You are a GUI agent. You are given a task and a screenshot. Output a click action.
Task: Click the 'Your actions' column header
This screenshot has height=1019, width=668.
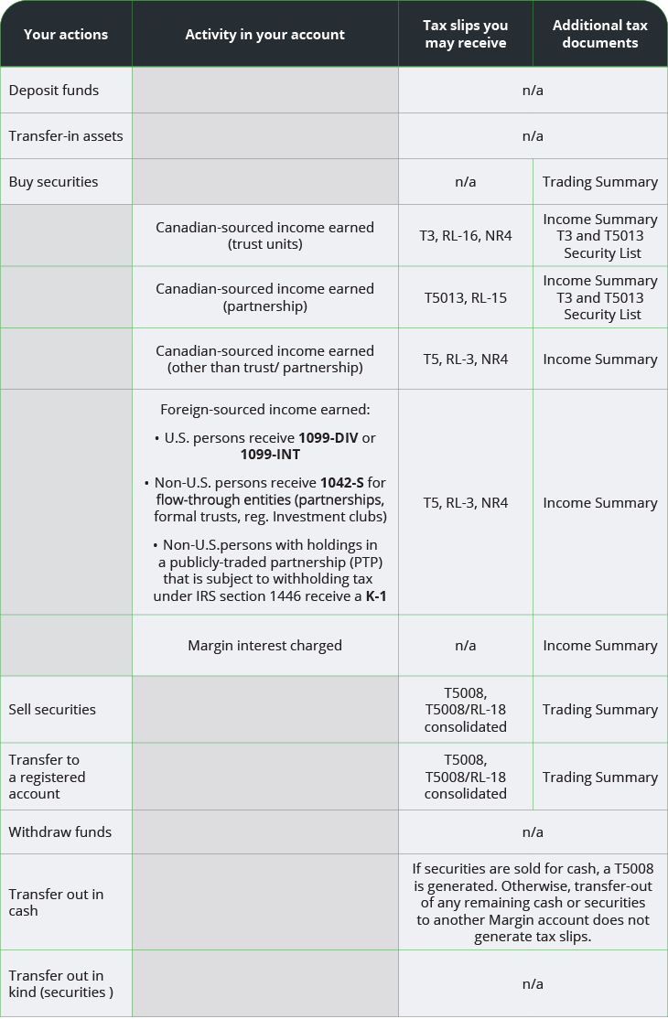[x=66, y=35]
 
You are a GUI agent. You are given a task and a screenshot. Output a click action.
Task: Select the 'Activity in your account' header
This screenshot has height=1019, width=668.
[x=264, y=35]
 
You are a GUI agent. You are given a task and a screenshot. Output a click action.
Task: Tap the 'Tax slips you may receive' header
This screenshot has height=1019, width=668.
[x=465, y=34]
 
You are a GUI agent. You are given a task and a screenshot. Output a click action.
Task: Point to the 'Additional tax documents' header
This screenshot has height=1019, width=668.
[x=599, y=34]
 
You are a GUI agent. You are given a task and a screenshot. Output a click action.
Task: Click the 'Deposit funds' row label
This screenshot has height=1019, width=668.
[x=54, y=91]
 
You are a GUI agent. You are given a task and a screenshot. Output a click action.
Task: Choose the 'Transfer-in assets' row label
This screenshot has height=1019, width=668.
[x=66, y=136]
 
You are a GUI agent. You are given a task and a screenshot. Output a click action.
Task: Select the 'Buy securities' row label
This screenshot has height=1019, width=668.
[x=53, y=182]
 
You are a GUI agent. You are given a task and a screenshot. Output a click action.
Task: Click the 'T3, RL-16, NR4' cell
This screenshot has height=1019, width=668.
[x=465, y=236]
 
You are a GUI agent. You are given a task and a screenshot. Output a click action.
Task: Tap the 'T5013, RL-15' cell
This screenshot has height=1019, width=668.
[x=465, y=297]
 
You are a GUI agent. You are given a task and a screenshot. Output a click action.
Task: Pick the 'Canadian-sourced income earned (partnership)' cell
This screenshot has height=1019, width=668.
[x=264, y=297]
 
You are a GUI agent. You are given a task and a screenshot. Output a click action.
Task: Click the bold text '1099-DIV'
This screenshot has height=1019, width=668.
[x=329, y=438]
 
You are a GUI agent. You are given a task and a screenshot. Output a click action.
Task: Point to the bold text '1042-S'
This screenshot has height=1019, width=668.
[x=340, y=483]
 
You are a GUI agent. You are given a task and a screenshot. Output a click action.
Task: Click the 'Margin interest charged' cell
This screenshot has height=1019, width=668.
[x=264, y=646]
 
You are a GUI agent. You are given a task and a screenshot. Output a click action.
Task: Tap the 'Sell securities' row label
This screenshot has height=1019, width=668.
[x=52, y=710]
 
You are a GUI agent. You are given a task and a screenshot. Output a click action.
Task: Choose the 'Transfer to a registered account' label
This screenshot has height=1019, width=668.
[x=47, y=777]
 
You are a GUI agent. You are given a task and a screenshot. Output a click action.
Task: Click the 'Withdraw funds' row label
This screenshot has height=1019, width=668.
[x=60, y=832]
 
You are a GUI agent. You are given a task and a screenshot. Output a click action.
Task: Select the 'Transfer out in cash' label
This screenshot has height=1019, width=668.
[x=56, y=902]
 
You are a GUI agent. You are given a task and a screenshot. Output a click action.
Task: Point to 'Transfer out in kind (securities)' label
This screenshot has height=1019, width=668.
[x=60, y=984]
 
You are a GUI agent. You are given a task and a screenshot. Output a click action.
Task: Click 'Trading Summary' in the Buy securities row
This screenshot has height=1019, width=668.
[x=599, y=182]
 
